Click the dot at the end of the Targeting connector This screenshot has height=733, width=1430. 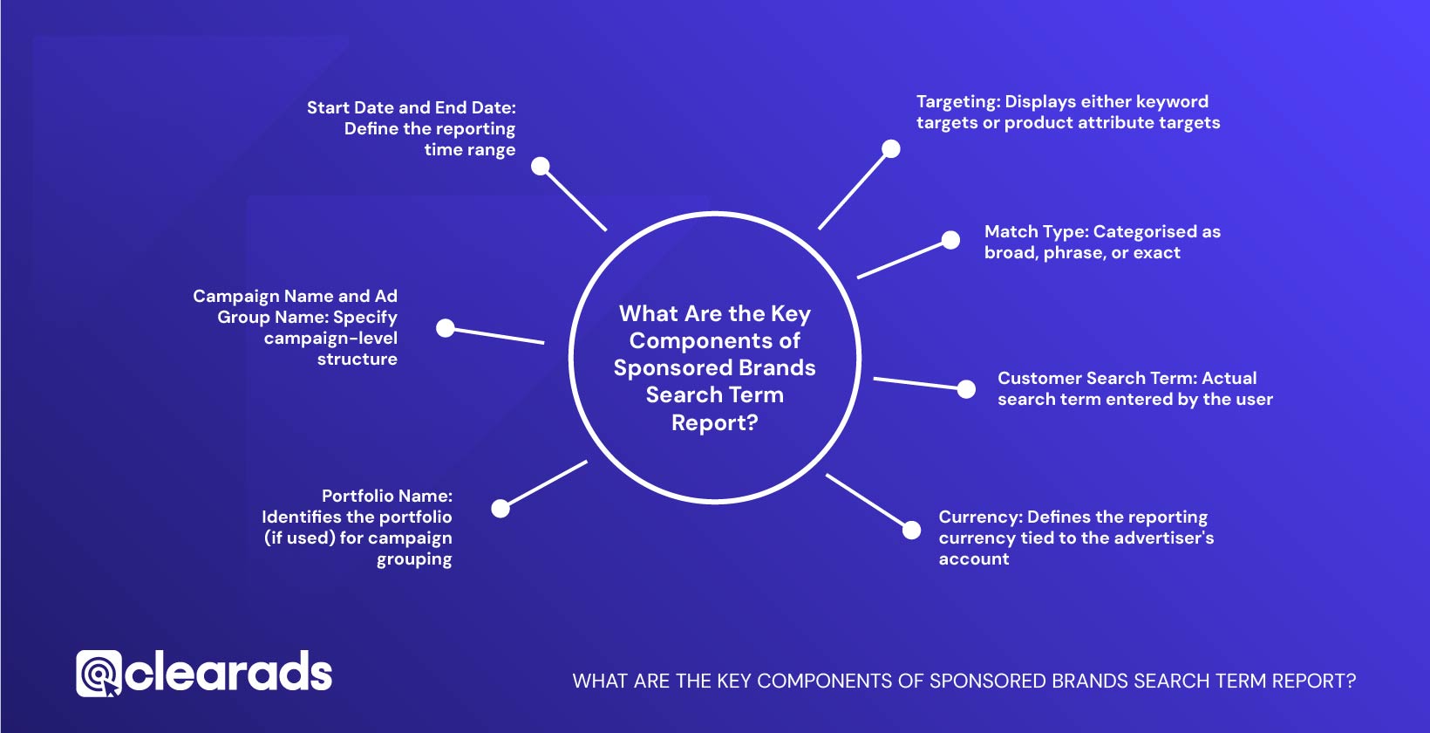click(x=890, y=149)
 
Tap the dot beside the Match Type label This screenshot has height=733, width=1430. click(x=950, y=240)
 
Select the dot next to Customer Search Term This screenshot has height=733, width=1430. click(x=966, y=389)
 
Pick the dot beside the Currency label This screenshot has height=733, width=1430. click(x=911, y=530)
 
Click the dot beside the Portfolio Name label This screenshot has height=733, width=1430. click(x=500, y=509)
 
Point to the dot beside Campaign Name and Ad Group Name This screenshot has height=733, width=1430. click(x=446, y=328)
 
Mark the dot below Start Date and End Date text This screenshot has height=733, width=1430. click(x=541, y=166)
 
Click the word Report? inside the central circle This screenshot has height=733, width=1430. click(x=714, y=423)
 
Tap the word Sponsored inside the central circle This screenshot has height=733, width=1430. click(x=668, y=368)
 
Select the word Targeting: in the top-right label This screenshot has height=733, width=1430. click(x=957, y=102)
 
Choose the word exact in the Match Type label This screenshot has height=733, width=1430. click(x=1156, y=253)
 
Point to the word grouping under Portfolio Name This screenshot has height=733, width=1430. click(x=414, y=559)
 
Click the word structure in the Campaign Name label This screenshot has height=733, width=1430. click(x=357, y=360)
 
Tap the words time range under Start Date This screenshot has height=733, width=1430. click(x=469, y=150)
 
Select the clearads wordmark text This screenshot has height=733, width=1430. click(x=228, y=673)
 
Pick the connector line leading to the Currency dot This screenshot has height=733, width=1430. click(x=865, y=500)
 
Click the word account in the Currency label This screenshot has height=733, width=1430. click(x=973, y=559)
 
